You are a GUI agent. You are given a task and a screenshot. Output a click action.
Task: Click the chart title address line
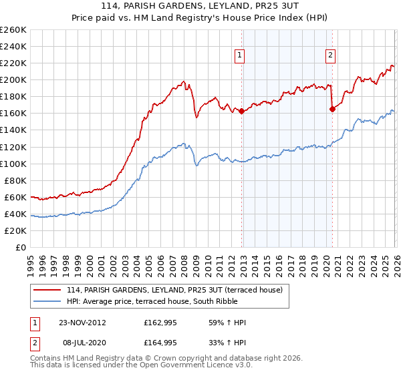tap(200, 7)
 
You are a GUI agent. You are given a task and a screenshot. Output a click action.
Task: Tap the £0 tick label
tap(21, 247)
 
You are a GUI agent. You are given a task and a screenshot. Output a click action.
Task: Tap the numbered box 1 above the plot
tap(239, 56)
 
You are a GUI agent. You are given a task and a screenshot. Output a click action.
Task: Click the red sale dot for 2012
tap(241, 111)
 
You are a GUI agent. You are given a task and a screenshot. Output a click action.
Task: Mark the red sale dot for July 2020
tap(332, 110)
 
